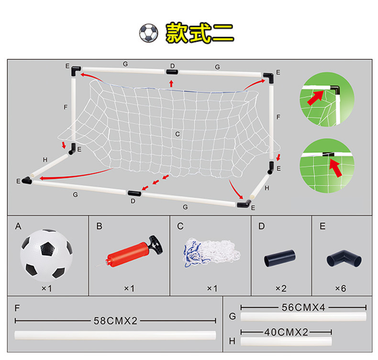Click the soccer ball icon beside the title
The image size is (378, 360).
pyautogui.click(x=148, y=33)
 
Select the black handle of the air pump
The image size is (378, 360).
pyautogui.click(x=156, y=245)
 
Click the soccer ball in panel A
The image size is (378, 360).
pyautogui.click(x=46, y=256)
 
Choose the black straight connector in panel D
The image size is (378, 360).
pyautogui.click(x=279, y=258)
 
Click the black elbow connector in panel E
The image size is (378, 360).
pyautogui.click(x=344, y=259)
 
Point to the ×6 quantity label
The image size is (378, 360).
pyautogui.click(x=341, y=288)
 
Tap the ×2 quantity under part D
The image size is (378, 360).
pyautogui.click(x=281, y=288)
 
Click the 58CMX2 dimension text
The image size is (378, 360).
pyautogui.click(x=115, y=321)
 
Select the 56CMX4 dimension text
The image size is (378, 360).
pyautogui.click(x=303, y=307)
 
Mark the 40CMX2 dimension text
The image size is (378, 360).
pyautogui.click(x=286, y=332)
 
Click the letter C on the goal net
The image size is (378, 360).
pyautogui.click(x=178, y=134)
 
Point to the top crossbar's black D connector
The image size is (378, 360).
pyautogui.click(x=172, y=72)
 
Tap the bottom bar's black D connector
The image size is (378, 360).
pyautogui.click(x=134, y=193)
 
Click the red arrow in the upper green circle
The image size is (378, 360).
pyautogui.click(x=316, y=97)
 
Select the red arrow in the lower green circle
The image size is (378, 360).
pyautogui.click(x=336, y=168)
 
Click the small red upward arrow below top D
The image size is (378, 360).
pyautogui.click(x=171, y=84)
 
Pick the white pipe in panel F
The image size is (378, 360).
pyautogui.click(x=115, y=335)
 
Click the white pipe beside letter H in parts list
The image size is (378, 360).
pyautogui.click(x=286, y=341)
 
